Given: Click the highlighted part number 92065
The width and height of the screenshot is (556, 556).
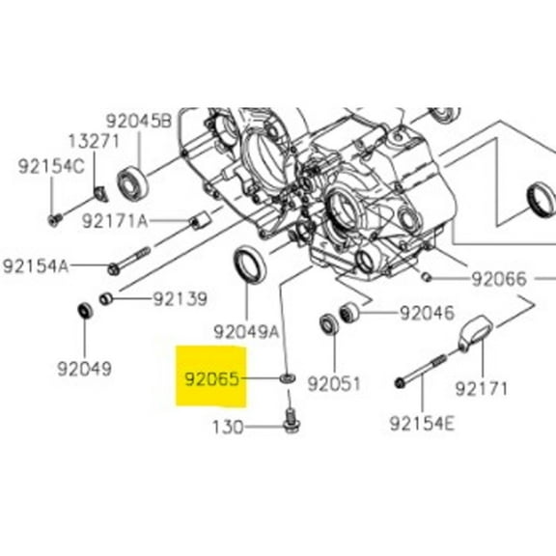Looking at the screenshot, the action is [212, 379].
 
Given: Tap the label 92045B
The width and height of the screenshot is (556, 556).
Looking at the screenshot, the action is [139, 121].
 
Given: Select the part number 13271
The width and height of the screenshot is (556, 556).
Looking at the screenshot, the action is [94, 141].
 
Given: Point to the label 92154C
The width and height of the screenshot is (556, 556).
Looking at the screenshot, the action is [51, 166].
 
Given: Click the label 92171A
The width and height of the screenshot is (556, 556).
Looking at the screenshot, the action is [115, 221].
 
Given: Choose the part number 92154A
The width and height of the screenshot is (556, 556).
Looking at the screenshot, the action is [36, 265].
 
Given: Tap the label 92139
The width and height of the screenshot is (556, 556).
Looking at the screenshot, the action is [180, 299].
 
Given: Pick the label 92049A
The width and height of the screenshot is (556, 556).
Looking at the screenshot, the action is [246, 332].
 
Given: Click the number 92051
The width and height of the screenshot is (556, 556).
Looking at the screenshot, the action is [334, 383].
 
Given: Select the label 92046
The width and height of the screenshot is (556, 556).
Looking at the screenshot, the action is [427, 313].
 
